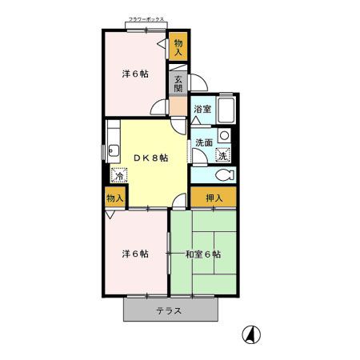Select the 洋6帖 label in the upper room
click(x=134, y=74)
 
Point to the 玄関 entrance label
click(x=178, y=83)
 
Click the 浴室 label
click(x=202, y=110)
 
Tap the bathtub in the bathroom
click(x=226, y=110)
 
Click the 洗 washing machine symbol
click(x=224, y=155)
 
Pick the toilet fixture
click(x=222, y=175)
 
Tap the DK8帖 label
click(x=150, y=158)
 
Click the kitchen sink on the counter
click(x=114, y=149)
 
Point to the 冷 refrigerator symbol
click(x=118, y=176)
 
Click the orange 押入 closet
click(x=214, y=198)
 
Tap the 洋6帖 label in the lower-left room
click(x=134, y=254)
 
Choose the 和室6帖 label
click(x=203, y=254)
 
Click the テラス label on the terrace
click(x=169, y=311)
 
